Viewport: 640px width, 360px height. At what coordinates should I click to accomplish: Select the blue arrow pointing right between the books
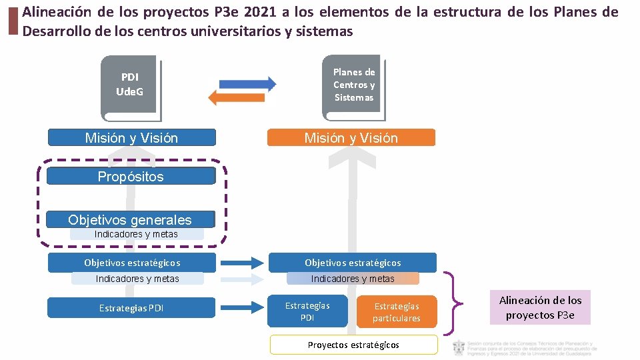coord(247,83)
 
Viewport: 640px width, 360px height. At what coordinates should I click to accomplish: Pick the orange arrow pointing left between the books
coord(237,98)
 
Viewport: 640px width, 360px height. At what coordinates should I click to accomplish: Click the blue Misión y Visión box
coord(132,138)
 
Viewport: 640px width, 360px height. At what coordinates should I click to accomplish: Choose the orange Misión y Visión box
coord(351,138)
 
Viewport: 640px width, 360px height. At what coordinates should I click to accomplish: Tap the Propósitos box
coord(131,177)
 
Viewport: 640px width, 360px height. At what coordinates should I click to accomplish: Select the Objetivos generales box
coord(131,220)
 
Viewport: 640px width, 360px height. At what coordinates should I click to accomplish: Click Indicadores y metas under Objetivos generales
coord(137,234)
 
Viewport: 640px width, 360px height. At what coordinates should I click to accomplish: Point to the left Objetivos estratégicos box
coord(132,263)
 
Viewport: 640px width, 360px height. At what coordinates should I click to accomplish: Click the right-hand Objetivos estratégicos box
coord(353,263)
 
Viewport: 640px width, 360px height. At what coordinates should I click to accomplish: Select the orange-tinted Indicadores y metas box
coord(353,279)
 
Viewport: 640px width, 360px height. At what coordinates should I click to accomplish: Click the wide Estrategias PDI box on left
coord(131,308)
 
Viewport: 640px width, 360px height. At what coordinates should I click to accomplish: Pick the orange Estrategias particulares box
coord(396,311)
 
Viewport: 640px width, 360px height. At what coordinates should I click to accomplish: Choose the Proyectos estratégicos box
coord(353,345)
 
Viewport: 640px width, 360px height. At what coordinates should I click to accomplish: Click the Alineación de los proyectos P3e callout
coord(540,307)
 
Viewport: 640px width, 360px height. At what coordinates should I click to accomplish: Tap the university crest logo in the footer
coord(459,348)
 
